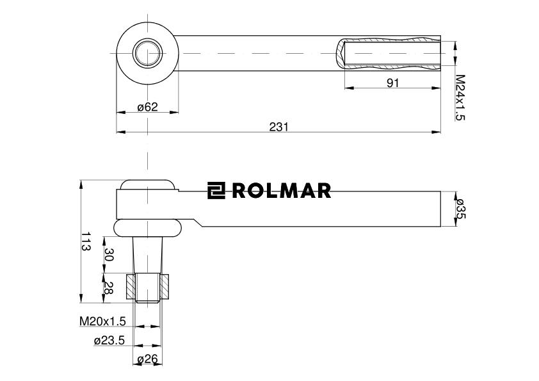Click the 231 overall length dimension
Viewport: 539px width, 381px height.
click(278, 127)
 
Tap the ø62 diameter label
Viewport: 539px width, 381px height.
click(147, 107)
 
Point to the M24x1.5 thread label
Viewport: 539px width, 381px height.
click(459, 97)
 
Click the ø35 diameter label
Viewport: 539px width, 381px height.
click(460, 209)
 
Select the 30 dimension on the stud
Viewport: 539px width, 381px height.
click(109, 255)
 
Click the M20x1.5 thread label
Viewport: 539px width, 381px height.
click(102, 320)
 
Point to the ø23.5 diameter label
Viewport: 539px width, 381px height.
click(109, 341)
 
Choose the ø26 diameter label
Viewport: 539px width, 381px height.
click(147, 360)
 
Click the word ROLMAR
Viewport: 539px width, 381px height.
click(281, 191)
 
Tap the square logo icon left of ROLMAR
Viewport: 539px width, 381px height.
click(216, 191)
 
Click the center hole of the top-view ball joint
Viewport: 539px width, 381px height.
click(147, 53)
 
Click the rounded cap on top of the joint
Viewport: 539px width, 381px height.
click(147, 184)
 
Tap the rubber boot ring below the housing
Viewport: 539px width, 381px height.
click(147, 228)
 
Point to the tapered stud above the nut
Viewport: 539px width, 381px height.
click(147, 256)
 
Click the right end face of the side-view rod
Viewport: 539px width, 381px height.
click(440, 209)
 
